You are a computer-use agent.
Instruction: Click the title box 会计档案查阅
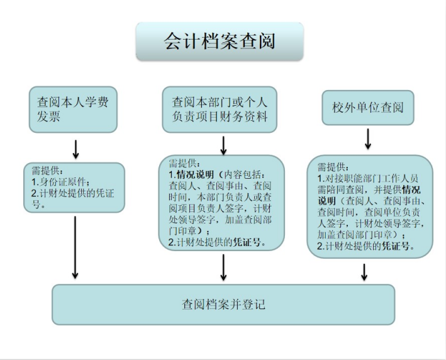point(220,42)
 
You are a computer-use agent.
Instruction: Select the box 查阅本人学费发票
point(73,110)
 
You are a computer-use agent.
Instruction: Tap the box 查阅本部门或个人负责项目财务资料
point(220,109)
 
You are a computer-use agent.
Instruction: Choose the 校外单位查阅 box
point(368,108)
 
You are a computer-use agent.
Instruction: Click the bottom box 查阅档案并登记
point(223,305)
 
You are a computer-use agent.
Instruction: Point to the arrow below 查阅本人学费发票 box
point(75,149)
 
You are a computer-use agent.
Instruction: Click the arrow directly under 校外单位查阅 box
point(367,142)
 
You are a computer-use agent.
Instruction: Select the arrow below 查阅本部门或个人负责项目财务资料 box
point(223,145)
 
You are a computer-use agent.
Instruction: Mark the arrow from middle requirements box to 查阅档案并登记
point(223,269)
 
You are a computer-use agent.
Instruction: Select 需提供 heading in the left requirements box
point(47,171)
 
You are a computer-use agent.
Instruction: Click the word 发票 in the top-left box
point(48,117)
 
